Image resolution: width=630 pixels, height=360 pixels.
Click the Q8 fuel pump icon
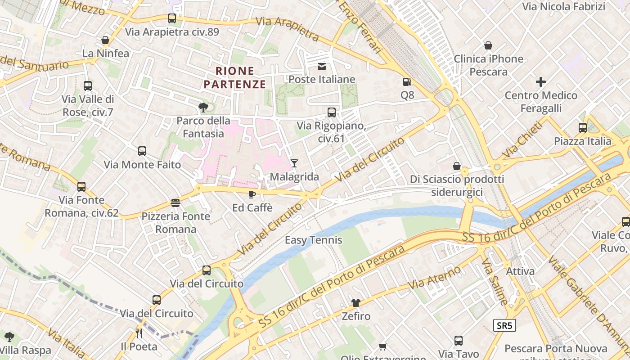[407, 82]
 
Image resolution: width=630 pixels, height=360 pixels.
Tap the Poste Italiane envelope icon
[322, 67]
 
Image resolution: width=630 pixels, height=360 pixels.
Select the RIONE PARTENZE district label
[234, 77]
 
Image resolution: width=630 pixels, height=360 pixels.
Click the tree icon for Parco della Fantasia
[203, 107]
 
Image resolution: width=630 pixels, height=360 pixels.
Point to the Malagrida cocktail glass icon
[294, 163]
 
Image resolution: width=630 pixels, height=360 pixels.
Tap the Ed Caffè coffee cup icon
[252, 194]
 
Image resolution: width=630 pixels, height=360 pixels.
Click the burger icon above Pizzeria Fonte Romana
[175, 203]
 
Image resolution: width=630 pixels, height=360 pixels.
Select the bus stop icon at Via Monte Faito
[142, 151]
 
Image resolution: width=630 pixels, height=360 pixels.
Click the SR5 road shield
[504, 325]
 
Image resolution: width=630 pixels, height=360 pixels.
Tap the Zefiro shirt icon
[356, 302]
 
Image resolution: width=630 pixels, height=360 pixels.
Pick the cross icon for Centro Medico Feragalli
[541, 82]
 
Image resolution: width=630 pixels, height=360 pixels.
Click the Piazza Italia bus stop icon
[583, 128]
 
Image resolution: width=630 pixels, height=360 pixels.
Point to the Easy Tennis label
[314, 240]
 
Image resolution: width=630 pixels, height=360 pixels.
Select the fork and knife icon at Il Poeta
[139, 333]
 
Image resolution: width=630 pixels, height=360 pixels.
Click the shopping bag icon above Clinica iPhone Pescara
[488, 45]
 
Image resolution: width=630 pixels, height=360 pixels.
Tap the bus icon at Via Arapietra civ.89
[172, 18]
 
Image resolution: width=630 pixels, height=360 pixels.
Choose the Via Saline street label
[495, 281]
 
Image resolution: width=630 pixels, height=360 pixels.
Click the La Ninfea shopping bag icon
[105, 40]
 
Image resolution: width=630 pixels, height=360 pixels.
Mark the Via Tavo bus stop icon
[459, 341]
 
